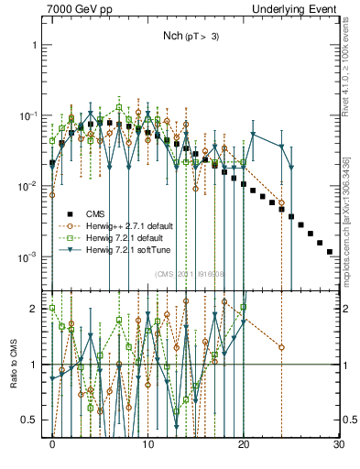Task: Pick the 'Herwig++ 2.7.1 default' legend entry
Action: pyautogui.click(x=138, y=225)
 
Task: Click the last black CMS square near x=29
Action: pyautogui.click(x=329, y=251)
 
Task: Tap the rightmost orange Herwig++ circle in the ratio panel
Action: pyautogui.click(x=281, y=347)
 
